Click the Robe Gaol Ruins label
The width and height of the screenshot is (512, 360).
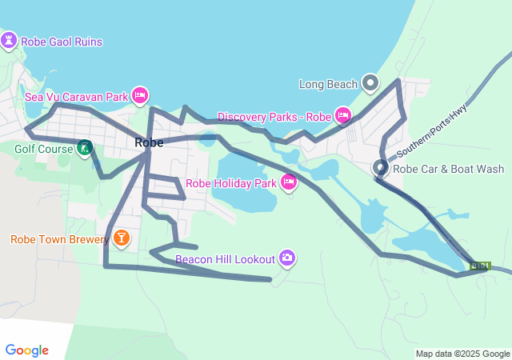coord(62,42)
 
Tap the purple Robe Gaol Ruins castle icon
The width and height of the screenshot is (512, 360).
coord(10,41)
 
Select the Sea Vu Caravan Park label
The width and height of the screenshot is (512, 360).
coord(76,97)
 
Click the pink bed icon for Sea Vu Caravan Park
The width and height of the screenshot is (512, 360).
coord(140,96)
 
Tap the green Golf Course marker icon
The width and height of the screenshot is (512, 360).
coord(84,147)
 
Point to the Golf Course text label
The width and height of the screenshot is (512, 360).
coord(43,148)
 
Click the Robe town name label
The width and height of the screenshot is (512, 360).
coord(150,142)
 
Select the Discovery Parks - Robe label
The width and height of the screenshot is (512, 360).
coord(274,117)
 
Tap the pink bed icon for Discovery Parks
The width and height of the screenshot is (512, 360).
coord(342,116)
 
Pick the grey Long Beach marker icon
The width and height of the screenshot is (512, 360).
coord(370,82)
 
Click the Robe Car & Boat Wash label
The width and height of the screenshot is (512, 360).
coord(449,169)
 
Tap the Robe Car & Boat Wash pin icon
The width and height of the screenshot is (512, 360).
coord(381,168)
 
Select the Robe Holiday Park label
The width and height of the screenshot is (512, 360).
coord(230,183)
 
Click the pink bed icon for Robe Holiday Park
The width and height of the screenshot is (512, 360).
coord(289,183)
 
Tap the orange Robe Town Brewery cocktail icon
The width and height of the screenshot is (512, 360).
coord(121,238)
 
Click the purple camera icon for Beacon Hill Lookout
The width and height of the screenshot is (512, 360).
coord(287,258)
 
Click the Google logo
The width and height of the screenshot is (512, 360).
coord(27,350)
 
